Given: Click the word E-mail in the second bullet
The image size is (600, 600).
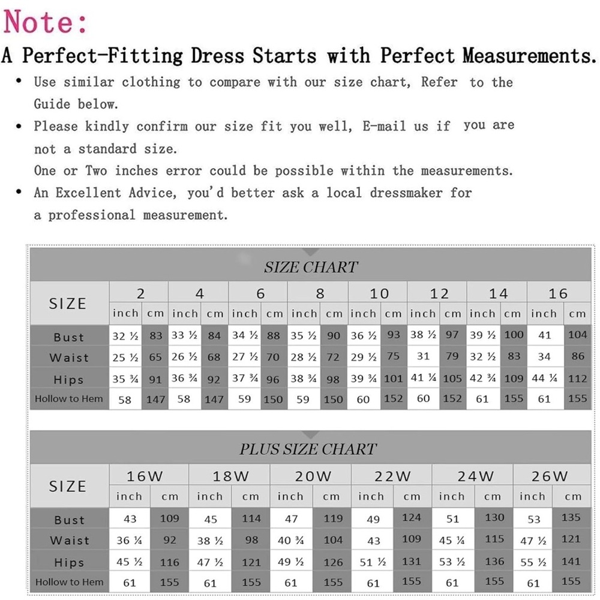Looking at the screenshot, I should pyautogui.click(x=382, y=126).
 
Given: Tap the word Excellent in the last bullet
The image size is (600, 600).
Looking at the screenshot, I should pyautogui.click(x=89, y=193).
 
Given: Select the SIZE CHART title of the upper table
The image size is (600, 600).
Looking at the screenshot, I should pyautogui.click(x=310, y=267).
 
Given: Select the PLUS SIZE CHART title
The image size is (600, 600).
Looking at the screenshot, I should pyautogui.click(x=308, y=449).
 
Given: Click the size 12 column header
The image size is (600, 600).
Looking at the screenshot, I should pyautogui.click(x=439, y=293).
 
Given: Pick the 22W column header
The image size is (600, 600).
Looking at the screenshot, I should pyautogui.click(x=392, y=476).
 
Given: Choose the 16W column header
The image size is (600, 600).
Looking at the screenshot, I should pyautogui.click(x=145, y=476).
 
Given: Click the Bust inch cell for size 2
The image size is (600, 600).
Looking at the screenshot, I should pyautogui.click(x=125, y=336).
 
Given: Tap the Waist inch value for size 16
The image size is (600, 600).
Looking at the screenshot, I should pyautogui.click(x=544, y=357).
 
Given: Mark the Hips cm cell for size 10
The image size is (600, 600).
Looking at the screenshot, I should pyautogui.click(x=394, y=379).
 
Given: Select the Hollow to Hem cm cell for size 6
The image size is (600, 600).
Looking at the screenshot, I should pyautogui.click(x=274, y=399).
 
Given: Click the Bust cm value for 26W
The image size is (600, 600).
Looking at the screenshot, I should pyautogui.click(x=571, y=517).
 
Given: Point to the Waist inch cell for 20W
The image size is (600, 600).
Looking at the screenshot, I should pyautogui.click(x=290, y=540).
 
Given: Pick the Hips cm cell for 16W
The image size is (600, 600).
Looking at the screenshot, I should pyautogui.click(x=170, y=562).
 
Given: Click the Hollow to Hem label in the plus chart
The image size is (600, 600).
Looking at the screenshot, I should pyautogui.click(x=69, y=581).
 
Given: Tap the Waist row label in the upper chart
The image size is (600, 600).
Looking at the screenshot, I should pyautogui.click(x=69, y=358).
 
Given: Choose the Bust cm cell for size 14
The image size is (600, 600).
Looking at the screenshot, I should pyautogui.click(x=514, y=335).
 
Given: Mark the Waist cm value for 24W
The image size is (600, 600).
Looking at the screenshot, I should pyautogui.click(x=494, y=539).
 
